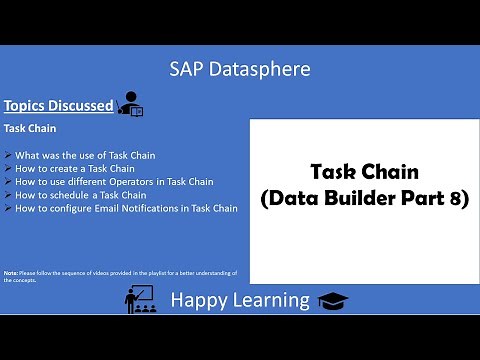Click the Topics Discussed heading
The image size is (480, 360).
pyautogui.click(x=58, y=105)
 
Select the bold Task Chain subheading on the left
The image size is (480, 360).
pyautogui.click(x=29, y=129)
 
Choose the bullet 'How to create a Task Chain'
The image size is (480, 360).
pyautogui.click(x=75, y=168)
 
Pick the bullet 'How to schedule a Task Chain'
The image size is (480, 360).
pyautogui.click(x=80, y=195)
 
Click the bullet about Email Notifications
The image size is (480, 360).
pyautogui.click(x=127, y=208)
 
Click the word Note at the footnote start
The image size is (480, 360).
pyautogui.click(x=10, y=272)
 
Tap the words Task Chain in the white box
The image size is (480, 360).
pyautogui.click(x=363, y=171)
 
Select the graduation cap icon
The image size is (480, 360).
pyautogui.click(x=328, y=299)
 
